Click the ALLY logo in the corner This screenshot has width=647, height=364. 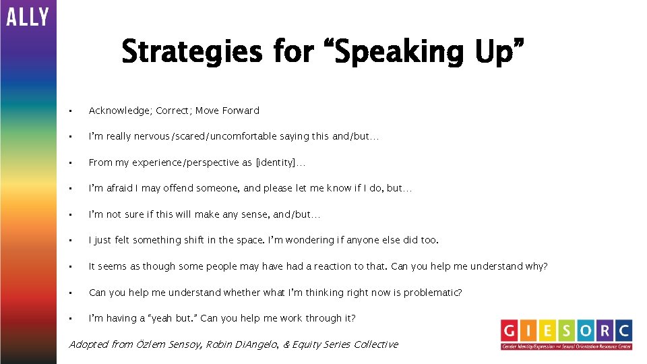click(28, 17)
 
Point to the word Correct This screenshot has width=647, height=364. click(174, 111)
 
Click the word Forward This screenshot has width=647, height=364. click(239, 111)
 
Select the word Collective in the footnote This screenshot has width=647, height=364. click(373, 344)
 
